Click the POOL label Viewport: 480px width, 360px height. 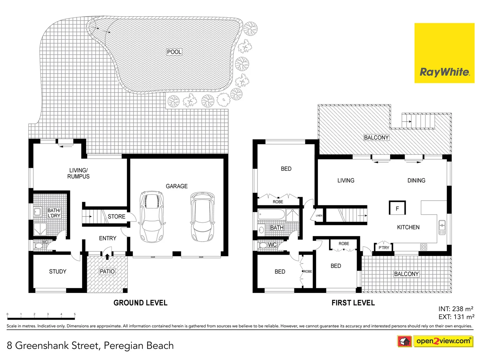click(x=174, y=52)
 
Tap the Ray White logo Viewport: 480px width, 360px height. click(x=444, y=53)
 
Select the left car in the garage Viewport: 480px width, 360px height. click(x=152, y=217)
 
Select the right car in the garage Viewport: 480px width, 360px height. click(x=202, y=217)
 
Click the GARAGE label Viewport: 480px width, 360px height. click(x=177, y=186)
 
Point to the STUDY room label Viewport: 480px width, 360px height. click(x=58, y=272)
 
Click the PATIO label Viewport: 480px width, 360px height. click(x=107, y=272)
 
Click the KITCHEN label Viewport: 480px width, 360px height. click(x=408, y=227)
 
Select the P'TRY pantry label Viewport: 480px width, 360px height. click(x=384, y=248)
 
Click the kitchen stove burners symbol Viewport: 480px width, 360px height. click(x=424, y=247)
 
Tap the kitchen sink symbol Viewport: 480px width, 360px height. click(x=442, y=227)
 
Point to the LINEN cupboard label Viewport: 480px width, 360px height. click(x=319, y=216)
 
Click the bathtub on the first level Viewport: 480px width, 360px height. click(x=271, y=214)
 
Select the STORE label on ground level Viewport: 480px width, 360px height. click(x=116, y=217)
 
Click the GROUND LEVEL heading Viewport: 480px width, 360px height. click(x=140, y=303)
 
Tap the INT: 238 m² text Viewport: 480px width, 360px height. click(x=456, y=309)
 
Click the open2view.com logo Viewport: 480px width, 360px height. click(x=443, y=341)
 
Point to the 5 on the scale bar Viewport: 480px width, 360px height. click(x=75, y=314)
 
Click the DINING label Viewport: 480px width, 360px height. click(x=416, y=181)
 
